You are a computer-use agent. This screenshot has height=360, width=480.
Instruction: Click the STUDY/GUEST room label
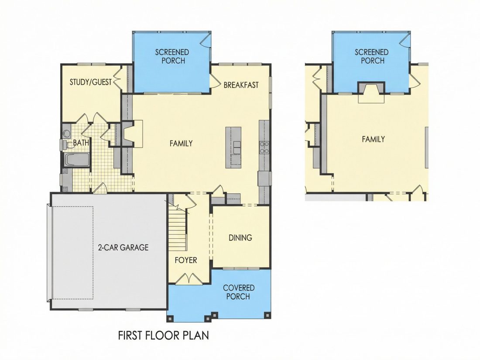point(91,82)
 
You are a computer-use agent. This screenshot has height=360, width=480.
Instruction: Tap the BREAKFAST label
point(241,85)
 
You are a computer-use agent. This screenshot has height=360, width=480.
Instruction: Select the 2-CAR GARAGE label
point(123,247)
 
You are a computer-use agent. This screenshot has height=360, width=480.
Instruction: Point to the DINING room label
point(240,237)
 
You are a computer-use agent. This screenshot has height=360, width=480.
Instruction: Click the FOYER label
point(186,260)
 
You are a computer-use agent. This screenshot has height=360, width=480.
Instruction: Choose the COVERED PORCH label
point(238,292)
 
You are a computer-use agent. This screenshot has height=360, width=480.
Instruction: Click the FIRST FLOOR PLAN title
point(164,336)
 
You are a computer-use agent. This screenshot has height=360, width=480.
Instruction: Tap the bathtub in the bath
point(76,160)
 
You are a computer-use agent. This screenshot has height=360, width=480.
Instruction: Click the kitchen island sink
point(237,147)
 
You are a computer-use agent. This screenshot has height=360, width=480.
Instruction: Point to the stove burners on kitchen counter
point(264,147)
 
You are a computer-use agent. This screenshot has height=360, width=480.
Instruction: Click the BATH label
point(81,143)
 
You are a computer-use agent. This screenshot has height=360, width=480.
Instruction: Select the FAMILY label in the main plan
point(181,143)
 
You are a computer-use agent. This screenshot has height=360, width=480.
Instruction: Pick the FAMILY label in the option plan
point(374,139)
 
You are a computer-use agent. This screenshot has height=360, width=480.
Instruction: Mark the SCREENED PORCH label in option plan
point(372,56)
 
